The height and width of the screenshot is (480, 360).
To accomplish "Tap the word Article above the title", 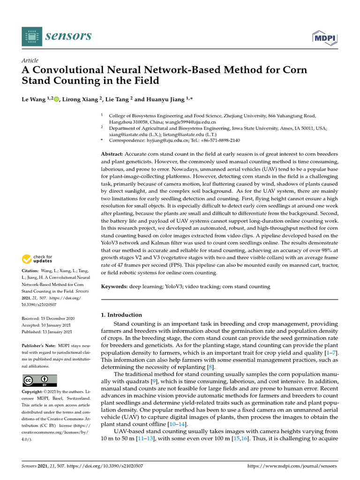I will (30, 60).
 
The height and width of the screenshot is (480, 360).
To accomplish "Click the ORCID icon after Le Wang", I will (57, 99).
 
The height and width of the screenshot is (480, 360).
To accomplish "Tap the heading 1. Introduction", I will (122, 315).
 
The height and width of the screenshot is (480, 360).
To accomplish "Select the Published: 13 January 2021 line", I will (47, 332).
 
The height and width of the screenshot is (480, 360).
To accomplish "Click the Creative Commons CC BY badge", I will (39, 380).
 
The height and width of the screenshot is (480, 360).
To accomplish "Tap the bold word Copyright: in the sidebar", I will (33, 391).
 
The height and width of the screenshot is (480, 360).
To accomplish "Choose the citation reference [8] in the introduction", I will (210, 367).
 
